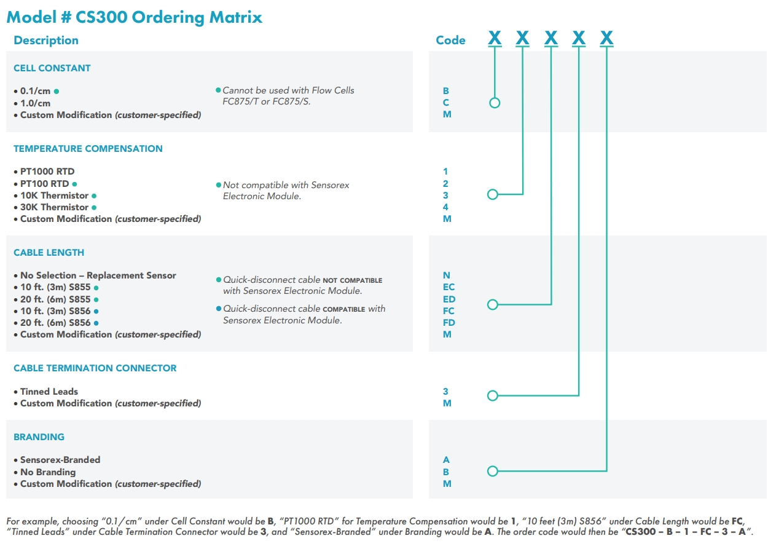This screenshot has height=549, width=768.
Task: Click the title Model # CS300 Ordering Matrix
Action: [134, 17]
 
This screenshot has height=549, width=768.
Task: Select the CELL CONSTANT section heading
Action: [52, 68]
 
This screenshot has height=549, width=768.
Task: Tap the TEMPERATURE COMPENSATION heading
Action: [88, 149]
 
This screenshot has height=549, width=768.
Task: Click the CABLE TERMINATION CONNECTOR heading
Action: [95, 368]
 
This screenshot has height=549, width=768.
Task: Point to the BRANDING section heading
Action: [39, 437]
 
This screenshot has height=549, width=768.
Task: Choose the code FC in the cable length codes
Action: [449, 311]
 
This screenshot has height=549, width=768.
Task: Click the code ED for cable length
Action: [449, 299]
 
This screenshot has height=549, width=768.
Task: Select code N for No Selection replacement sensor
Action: [447, 275]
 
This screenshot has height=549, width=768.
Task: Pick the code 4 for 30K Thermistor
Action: [446, 207]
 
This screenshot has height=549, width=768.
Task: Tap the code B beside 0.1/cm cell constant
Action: [446, 91]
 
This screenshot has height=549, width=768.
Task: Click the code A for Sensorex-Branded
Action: [446, 460]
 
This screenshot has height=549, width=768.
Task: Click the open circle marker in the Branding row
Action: [492, 472]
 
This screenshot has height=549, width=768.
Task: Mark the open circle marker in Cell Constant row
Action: [495, 103]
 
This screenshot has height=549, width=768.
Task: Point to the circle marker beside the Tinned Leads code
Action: [492, 396]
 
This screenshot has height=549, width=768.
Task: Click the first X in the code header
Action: [495, 39]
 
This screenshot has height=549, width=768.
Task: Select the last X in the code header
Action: [606, 39]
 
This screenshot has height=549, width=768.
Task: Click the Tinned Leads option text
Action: [49, 392]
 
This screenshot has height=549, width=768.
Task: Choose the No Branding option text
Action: [48, 472]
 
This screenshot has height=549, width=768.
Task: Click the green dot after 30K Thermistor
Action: [94, 208]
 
